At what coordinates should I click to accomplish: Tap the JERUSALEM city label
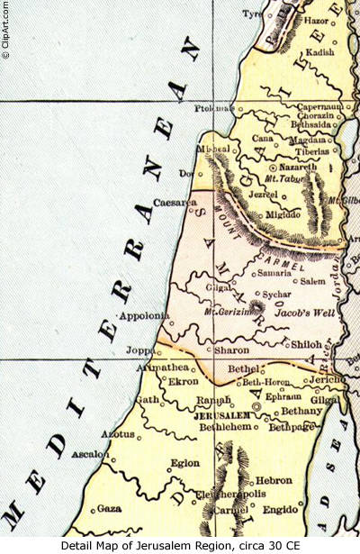point(221,415)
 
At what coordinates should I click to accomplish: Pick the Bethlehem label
point(221,428)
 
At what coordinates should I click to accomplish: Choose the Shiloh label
point(308,343)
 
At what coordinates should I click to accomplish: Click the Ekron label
point(184,381)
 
